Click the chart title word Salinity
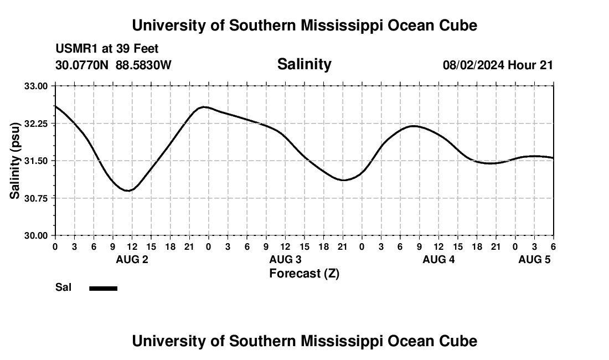tap(304, 64)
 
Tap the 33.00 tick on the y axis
tap(37, 86)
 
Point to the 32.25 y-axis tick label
tap(37, 124)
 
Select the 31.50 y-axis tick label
tap(37, 161)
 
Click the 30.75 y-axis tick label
tap(37, 198)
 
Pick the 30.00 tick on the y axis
tap(37, 235)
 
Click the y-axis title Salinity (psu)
tap(15, 160)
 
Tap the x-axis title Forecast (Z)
tap(304, 274)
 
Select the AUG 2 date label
tap(132, 260)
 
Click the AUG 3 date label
tap(285, 260)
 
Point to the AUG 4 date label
tap(438, 260)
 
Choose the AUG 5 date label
tap(534, 260)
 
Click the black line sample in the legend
tap(104, 288)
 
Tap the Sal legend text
tap(63, 287)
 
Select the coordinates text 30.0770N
tap(82, 65)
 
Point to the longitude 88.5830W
tap(143, 65)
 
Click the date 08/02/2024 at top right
tap(473, 65)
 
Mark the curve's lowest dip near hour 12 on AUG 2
tap(129, 191)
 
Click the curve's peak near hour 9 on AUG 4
tap(414, 126)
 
